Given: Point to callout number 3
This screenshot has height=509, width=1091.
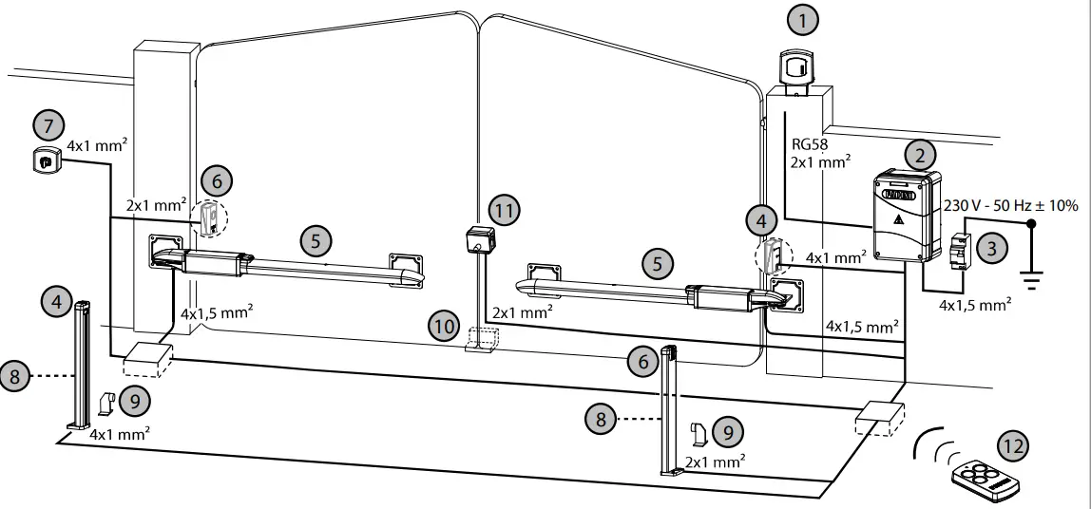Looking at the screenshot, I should click(992, 249).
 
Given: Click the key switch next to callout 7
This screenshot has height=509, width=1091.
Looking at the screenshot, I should click(44, 161).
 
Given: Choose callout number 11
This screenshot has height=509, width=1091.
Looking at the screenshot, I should click(505, 211).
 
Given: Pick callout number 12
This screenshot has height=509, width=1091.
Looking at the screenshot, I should click(1013, 445).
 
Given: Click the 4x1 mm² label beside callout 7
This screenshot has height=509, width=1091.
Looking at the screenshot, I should click(98, 147).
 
